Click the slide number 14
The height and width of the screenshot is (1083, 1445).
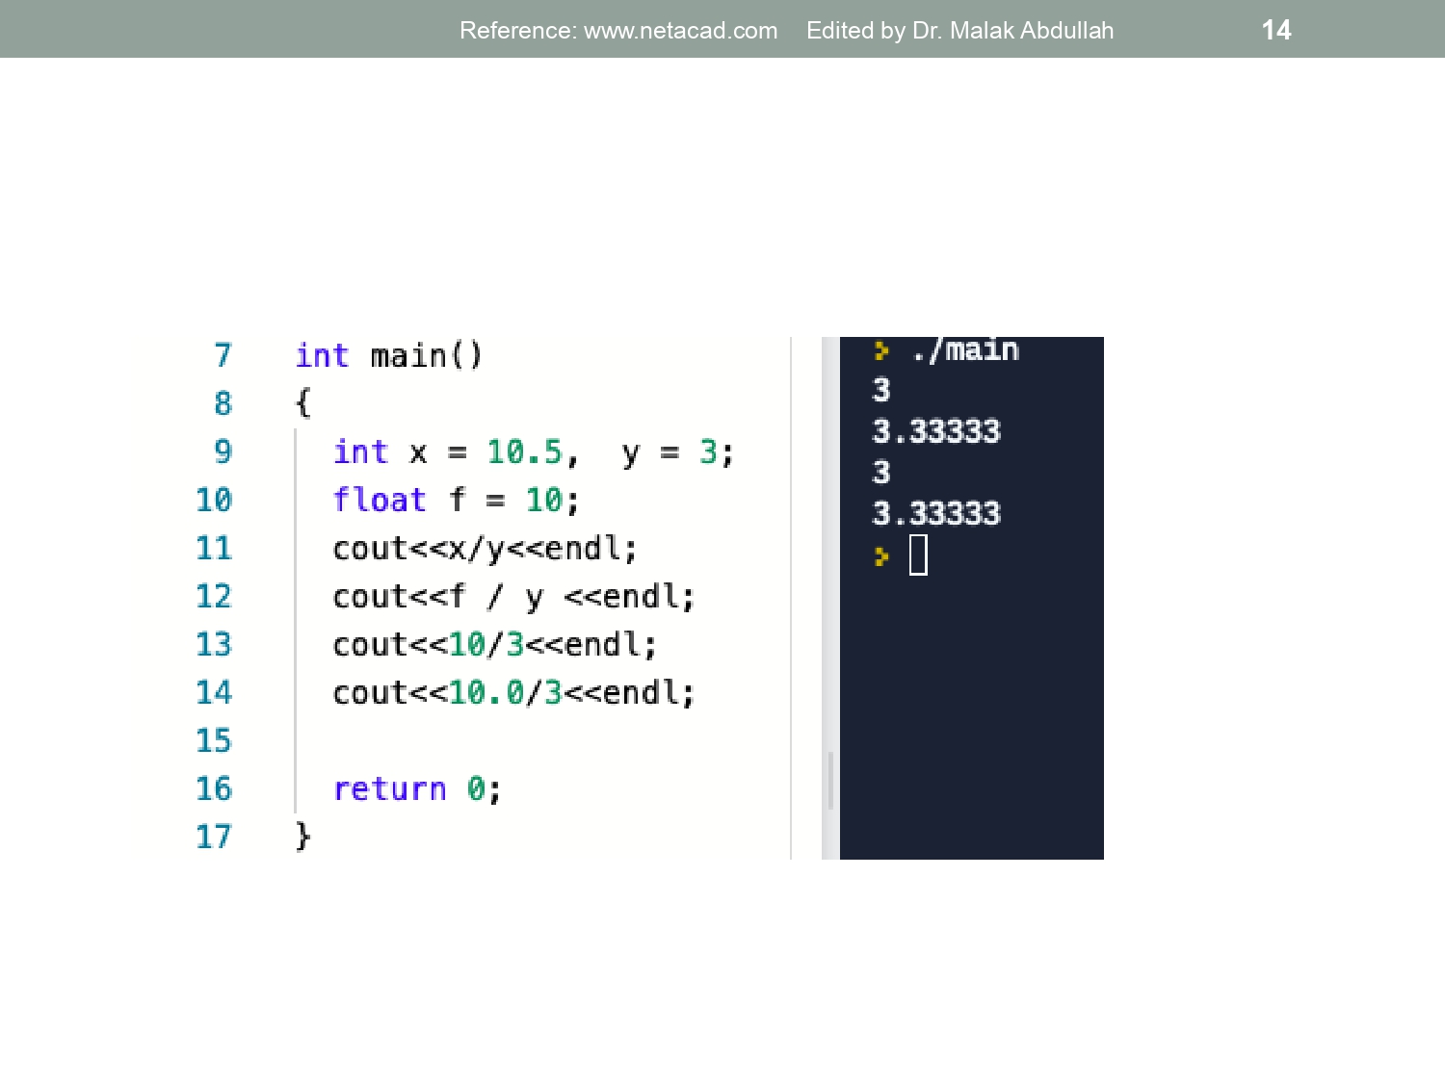point(1276,30)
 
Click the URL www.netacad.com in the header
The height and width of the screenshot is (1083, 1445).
point(681,31)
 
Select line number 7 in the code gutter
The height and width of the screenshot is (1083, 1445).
point(223,355)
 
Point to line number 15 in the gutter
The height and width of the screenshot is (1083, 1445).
point(214,740)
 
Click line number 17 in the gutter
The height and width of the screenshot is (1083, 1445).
point(214,837)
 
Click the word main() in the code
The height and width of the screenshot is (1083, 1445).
point(427,356)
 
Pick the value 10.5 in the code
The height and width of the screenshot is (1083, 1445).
point(525,451)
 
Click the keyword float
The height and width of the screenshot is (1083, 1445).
point(380,500)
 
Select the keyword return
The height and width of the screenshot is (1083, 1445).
point(390,789)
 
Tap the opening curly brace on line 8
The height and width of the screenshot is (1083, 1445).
point(302,403)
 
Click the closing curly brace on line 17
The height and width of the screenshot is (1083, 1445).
point(302,837)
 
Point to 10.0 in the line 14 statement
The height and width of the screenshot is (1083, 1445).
point(486,692)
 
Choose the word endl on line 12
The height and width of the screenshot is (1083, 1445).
point(641,597)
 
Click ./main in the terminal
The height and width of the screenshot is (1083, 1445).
point(966,349)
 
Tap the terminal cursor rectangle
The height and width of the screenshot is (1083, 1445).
point(918,555)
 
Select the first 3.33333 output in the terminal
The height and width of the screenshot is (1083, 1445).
point(936,431)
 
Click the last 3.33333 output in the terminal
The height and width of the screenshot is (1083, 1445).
point(936,513)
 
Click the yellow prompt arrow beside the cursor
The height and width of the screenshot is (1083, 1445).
point(881,556)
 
